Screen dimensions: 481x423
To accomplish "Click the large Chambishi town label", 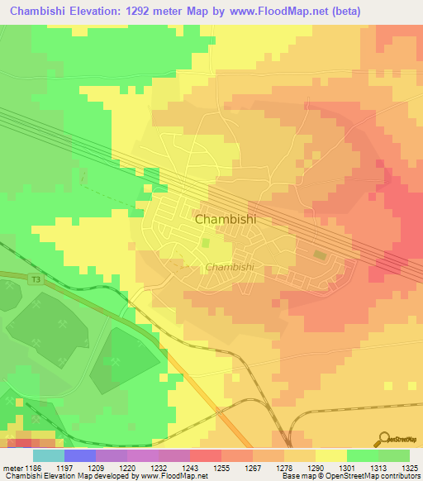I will click(x=224, y=220).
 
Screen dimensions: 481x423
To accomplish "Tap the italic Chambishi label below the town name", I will click(x=228, y=267).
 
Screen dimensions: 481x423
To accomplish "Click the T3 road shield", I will click(x=36, y=280).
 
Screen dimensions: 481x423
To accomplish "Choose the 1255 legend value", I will click(x=220, y=468).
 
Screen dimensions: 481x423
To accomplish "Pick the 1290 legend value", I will click(x=315, y=468).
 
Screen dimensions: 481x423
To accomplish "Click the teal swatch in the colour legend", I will click(x=49, y=455).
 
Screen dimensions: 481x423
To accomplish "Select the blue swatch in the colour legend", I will click(x=80, y=455).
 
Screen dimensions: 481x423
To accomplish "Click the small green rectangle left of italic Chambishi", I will click(x=206, y=244).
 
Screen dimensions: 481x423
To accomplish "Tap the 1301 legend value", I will click(x=346, y=468).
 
